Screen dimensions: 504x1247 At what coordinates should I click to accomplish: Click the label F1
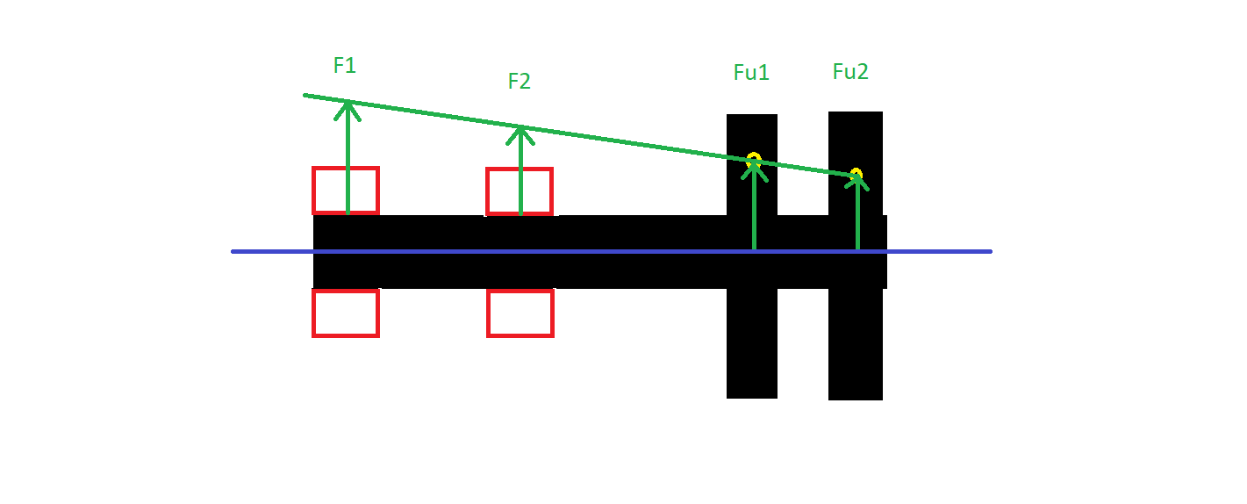click(345, 65)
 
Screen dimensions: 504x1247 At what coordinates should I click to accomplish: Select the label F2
click(520, 82)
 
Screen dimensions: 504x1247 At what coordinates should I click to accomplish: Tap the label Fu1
click(751, 73)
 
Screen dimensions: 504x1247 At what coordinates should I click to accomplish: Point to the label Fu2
click(850, 72)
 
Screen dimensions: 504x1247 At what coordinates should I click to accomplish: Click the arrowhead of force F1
click(348, 105)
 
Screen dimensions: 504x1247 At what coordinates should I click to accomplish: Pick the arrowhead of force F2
click(520, 132)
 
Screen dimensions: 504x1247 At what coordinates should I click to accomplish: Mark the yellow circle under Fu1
click(754, 160)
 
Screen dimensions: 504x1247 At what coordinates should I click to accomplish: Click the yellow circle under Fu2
click(856, 174)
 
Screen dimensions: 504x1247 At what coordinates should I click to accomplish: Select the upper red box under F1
click(346, 190)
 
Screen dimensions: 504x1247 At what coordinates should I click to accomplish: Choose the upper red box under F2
click(520, 191)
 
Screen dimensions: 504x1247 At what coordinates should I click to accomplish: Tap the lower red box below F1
click(346, 313)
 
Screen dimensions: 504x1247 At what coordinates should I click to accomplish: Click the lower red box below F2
click(520, 313)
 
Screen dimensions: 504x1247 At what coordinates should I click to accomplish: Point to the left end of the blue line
click(233, 251)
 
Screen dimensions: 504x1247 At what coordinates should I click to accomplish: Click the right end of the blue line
click(990, 251)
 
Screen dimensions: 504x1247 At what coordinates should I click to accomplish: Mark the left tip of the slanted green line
click(305, 95)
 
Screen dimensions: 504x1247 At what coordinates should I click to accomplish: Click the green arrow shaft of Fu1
click(754, 211)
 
